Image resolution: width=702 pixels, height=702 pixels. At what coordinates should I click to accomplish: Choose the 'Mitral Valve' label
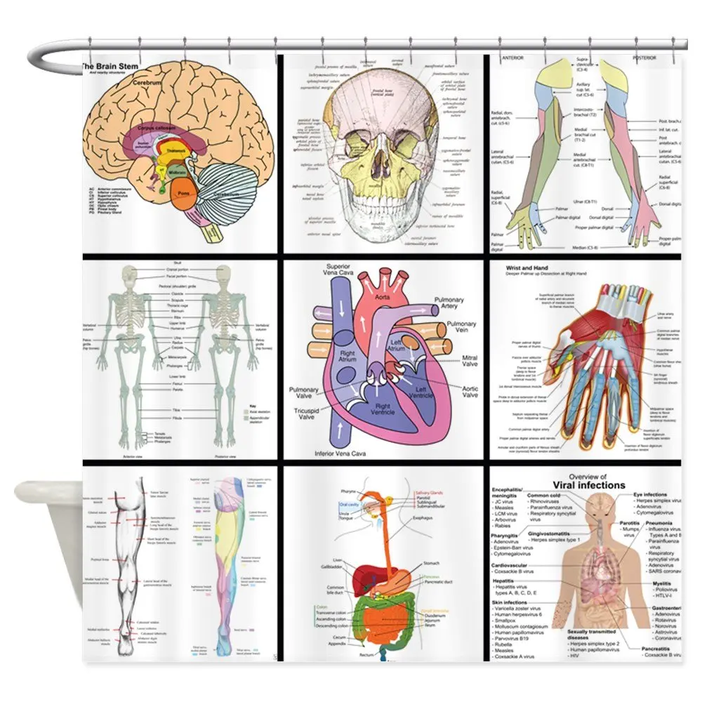click(470, 362)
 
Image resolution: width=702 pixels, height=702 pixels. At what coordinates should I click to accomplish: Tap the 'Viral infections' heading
click(588, 485)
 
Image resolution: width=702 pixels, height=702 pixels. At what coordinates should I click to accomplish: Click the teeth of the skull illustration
click(382, 211)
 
